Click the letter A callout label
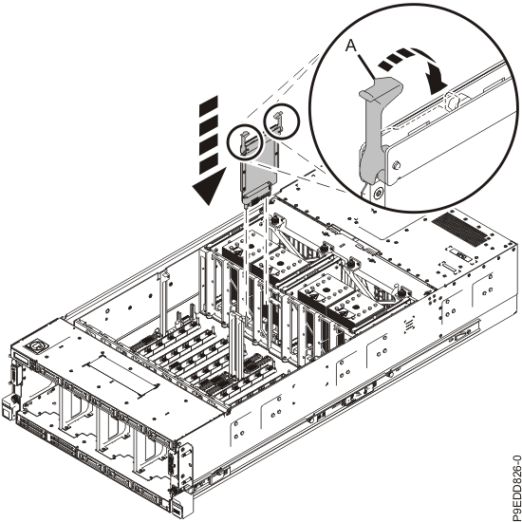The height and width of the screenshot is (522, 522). pyautogui.click(x=351, y=46)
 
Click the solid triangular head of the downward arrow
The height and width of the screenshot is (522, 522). pyautogui.click(x=209, y=186)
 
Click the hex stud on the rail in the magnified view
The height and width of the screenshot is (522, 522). pyautogui.click(x=453, y=102)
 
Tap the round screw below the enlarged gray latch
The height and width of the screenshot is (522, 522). pyautogui.click(x=378, y=193)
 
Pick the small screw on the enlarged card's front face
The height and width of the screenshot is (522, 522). pyautogui.click(x=396, y=165)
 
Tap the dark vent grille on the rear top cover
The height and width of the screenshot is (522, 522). pyautogui.click(x=459, y=229)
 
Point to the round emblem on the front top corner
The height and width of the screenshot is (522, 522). pyautogui.click(x=35, y=345)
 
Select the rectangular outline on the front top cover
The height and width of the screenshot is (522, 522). pyautogui.click(x=121, y=375)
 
